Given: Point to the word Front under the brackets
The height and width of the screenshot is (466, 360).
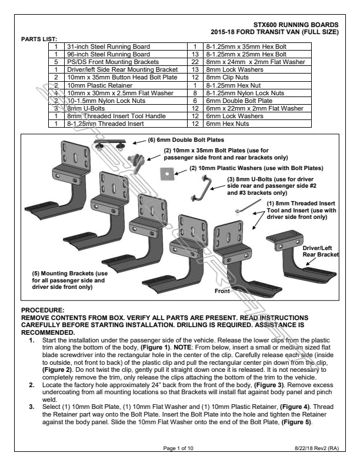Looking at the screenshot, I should pyautogui.click(x=222, y=291).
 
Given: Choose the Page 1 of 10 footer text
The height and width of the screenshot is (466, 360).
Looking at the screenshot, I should pyautogui.click(x=180, y=448).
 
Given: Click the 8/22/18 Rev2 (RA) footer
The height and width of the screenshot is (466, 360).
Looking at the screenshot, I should pyautogui.click(x=317, y=448).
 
